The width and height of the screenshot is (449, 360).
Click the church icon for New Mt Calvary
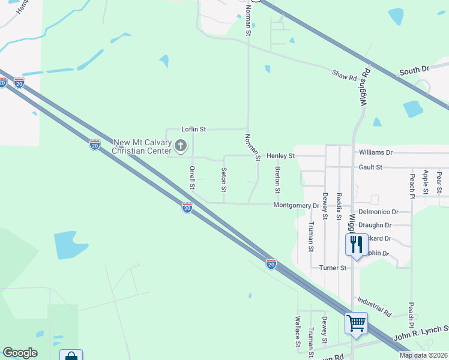[x=181, y=146]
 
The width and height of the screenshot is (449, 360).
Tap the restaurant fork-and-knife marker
[x=355, y=244]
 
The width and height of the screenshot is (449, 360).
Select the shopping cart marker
[x=355, y=324]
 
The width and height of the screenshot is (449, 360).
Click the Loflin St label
[x=194, y=129]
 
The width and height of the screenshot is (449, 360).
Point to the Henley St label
[x=281, y=156]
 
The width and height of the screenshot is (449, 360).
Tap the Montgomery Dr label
[x=296, y=205]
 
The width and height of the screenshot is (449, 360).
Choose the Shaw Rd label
[x=345, y=75]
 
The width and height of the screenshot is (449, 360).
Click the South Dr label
[x=414, y=70]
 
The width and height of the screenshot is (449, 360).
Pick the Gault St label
[x=370, y=167]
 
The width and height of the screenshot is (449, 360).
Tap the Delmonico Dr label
[x=378, y=212]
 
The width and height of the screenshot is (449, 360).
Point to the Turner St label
[x=333, y=268]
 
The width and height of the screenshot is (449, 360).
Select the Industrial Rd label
[x=373, y=306]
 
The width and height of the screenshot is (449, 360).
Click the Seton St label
[x=224, y=179]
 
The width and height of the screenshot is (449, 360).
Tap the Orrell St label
[x=192, y=178]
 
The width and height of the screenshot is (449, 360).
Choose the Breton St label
[x=277, y=179]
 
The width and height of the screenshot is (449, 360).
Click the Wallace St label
[x=297, y=332]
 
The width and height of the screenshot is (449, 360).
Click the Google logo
[x=20, y=353]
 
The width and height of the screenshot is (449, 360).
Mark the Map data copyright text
[x=423, y=355]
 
